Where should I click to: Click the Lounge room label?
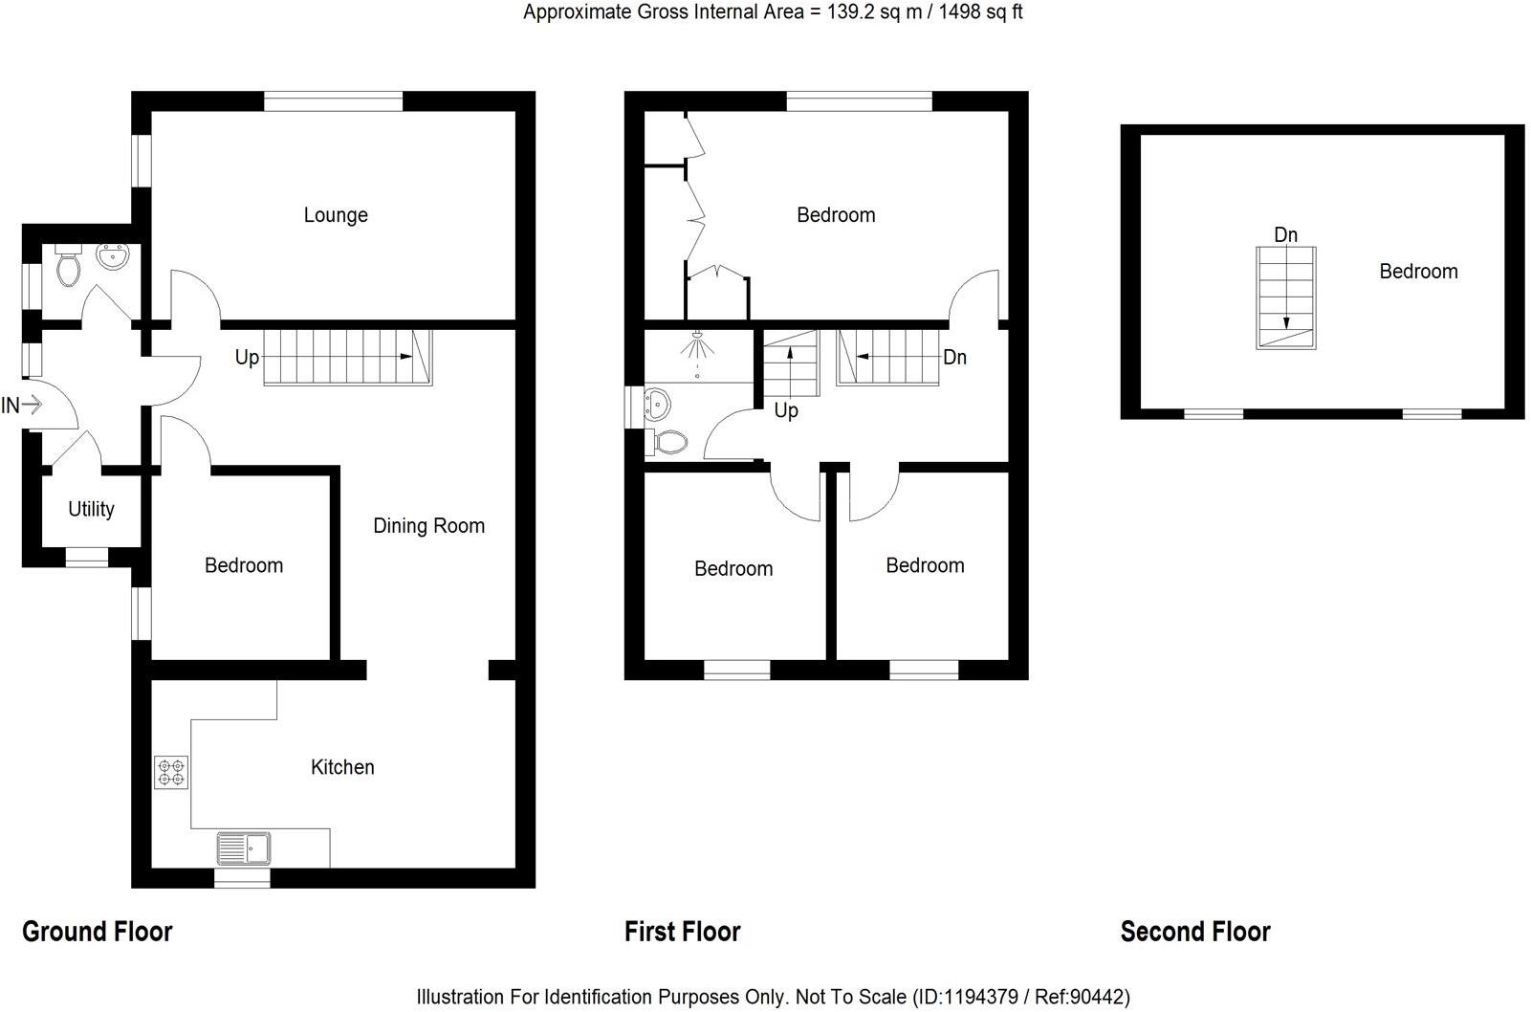336,215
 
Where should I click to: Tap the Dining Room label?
428,525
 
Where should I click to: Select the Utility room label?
91,509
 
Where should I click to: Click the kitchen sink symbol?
244,847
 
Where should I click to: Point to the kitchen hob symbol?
171,772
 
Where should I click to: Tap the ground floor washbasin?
112,256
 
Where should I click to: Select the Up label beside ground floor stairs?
247,358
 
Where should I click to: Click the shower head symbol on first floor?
697,344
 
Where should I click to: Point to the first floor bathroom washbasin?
658,405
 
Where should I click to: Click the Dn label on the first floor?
954,358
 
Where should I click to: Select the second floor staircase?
1285,297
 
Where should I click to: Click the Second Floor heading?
1194,931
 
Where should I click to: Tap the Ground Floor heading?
97,931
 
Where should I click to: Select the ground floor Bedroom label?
244,565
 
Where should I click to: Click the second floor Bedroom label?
1418,272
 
